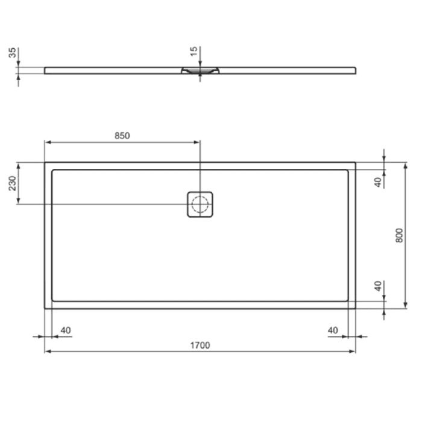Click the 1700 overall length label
tap(200, 345)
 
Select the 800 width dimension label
tap(398, 235)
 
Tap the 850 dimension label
tap(122, 136)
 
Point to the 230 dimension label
tap(12, 183)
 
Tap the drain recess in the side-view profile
tap(200, 71)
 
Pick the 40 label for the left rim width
tap(66, 330)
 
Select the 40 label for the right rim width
tap(333, 330)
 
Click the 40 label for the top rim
tap(379, 182)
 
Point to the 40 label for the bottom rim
tap(379, 286)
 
